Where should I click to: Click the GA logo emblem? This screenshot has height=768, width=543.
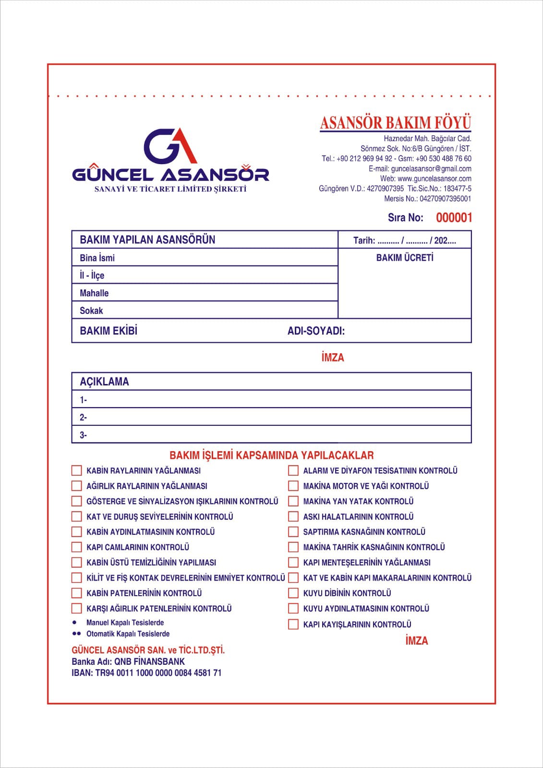tap(170, 145)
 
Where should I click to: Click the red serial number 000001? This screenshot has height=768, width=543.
tap(454, 218)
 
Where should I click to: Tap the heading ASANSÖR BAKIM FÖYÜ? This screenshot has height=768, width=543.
tap(395, 123)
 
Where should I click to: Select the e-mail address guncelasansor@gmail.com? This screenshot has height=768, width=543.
tap(431, 168)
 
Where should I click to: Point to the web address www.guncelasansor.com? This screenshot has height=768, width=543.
tap(434, 179)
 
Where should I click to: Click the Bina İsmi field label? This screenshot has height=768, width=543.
tap(97, 258)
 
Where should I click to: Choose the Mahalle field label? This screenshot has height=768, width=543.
tap(94, 293)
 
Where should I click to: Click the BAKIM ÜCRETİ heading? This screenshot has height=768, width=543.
tap(404, 258)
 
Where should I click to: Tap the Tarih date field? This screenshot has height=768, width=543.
tap(404, 240)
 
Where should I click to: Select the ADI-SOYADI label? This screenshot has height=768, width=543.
tap(316, 331)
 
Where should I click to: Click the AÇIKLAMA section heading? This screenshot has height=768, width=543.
tap(104, 382)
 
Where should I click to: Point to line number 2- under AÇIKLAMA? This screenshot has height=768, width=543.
tap(83, 418)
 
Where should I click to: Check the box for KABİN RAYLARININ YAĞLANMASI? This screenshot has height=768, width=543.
tap(77, 470)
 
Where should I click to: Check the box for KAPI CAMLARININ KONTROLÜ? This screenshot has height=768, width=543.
tap(77, 547)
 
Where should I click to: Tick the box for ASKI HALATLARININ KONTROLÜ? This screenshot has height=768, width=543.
tap(293, 516)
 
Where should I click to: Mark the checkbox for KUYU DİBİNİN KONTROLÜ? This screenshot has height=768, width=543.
tap(293, 593)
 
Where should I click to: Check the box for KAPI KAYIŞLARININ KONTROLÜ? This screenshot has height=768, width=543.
tap(293, 624)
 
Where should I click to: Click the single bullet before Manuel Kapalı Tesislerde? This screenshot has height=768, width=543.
tap(74, 622)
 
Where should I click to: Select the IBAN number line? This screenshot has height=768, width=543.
tap(146, 673)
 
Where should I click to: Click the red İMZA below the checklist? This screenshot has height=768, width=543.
tap(416, 641)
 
